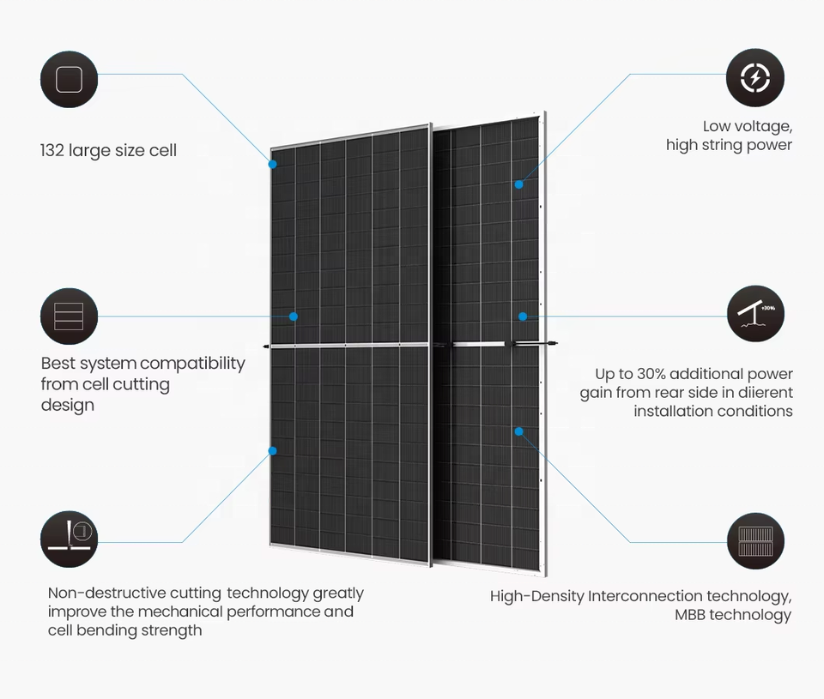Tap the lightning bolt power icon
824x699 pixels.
[755, 78]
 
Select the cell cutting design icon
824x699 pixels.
[69, 316]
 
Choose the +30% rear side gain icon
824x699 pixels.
[755, 315]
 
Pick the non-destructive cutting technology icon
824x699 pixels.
[69, 539]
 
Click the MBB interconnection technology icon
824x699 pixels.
[755, 541]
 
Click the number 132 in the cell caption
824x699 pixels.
[52, 151]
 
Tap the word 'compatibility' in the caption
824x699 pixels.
[193, 364]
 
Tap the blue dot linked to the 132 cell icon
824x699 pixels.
[273, 163]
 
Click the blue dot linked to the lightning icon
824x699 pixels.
[519, 184]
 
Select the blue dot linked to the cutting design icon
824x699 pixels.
[294, 316]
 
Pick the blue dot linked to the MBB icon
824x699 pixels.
[519, 431]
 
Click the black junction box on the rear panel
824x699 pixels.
[512, 344]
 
